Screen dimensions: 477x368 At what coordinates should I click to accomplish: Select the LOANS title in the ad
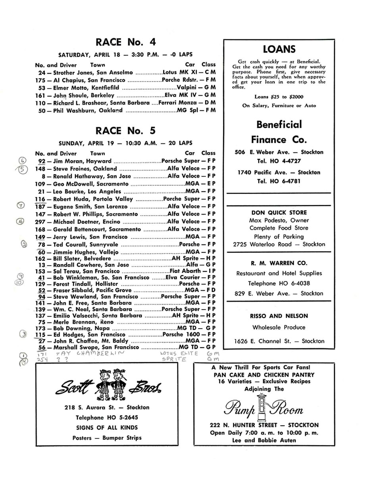[279, 49]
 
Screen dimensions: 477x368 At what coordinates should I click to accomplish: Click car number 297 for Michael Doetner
[42, 221]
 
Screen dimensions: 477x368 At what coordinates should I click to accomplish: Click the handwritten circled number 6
[23, 161]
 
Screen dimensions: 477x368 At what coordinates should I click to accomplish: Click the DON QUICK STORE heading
[278, 213]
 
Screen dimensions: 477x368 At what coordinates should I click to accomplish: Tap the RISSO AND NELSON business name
[279, 316]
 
